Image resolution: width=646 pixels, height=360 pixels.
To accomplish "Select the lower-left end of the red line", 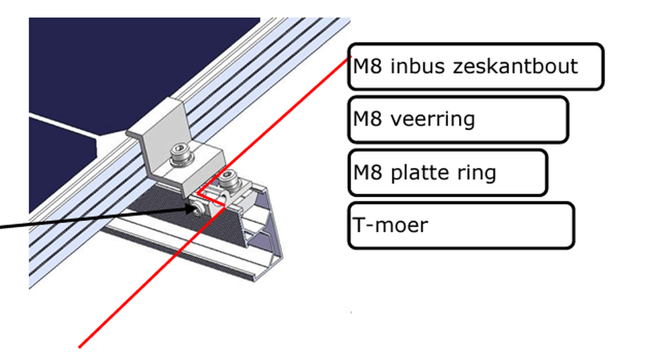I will click(79, 347).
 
